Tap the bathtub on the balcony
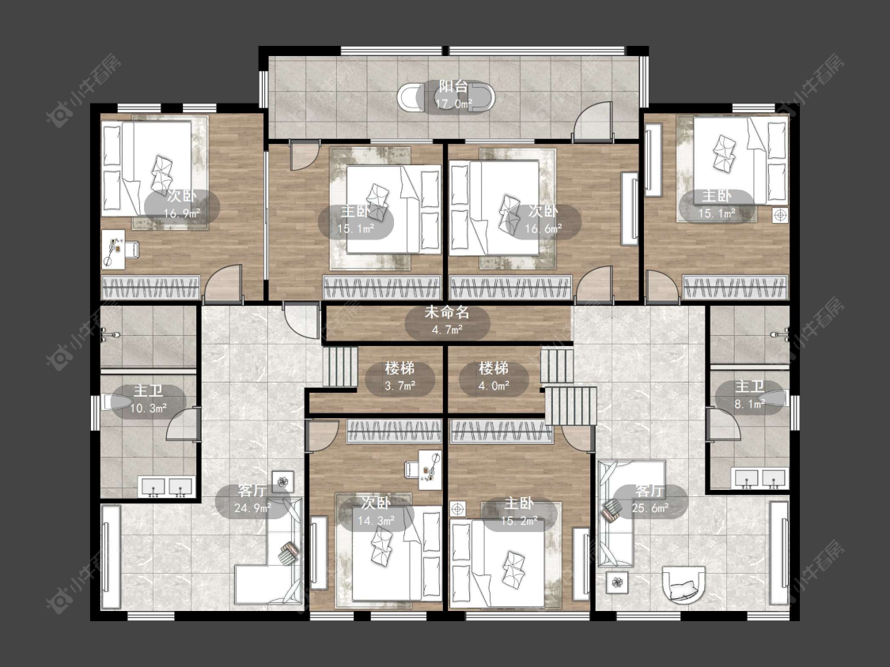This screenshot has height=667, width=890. point(446,97)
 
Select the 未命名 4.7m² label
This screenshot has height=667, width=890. point(447,321)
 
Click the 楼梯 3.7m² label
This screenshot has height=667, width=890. point(400,377)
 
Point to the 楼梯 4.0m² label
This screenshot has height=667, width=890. point(493,377)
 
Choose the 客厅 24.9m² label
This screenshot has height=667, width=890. point(252,499)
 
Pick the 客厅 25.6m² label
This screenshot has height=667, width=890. point(650,499)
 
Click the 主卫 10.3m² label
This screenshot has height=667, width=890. point(148,399)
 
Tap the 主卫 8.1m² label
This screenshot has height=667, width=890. point(749,395)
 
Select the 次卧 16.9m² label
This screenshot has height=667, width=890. point(182,205)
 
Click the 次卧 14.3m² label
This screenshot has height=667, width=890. point(377,511)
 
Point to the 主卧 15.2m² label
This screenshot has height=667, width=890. point(519,511)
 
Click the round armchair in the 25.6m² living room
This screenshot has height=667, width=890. point(685,582)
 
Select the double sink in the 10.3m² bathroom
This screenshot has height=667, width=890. point(167,487)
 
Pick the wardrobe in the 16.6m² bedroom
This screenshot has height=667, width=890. point(510,287)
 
